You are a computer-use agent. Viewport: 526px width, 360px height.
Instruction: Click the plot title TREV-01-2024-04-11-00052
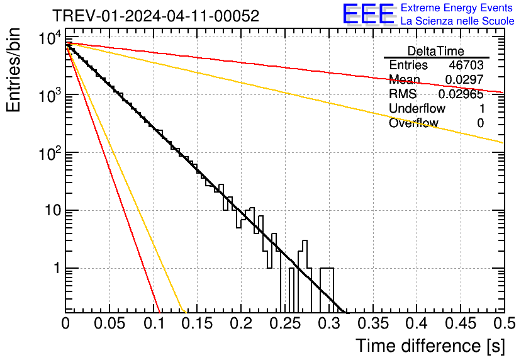[155, 16]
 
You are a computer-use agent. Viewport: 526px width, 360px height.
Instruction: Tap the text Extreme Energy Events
[457, 8]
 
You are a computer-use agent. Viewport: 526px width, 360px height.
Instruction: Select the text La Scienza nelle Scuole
[457, 21]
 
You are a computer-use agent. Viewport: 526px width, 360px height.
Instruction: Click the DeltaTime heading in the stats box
[436, 51]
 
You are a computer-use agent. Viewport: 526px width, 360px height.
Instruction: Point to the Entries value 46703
[466, 65]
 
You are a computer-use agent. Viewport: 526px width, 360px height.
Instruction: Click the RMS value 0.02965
[464, 94]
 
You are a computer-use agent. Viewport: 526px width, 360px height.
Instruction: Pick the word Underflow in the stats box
[417, 108]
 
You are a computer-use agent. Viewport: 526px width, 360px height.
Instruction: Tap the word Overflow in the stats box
[413, 123]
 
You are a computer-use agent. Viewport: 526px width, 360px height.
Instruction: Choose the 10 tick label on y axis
[51, 210]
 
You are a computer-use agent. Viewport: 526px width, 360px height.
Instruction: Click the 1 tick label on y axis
[55, 268]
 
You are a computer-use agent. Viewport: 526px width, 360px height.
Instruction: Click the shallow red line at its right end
[502, 92]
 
